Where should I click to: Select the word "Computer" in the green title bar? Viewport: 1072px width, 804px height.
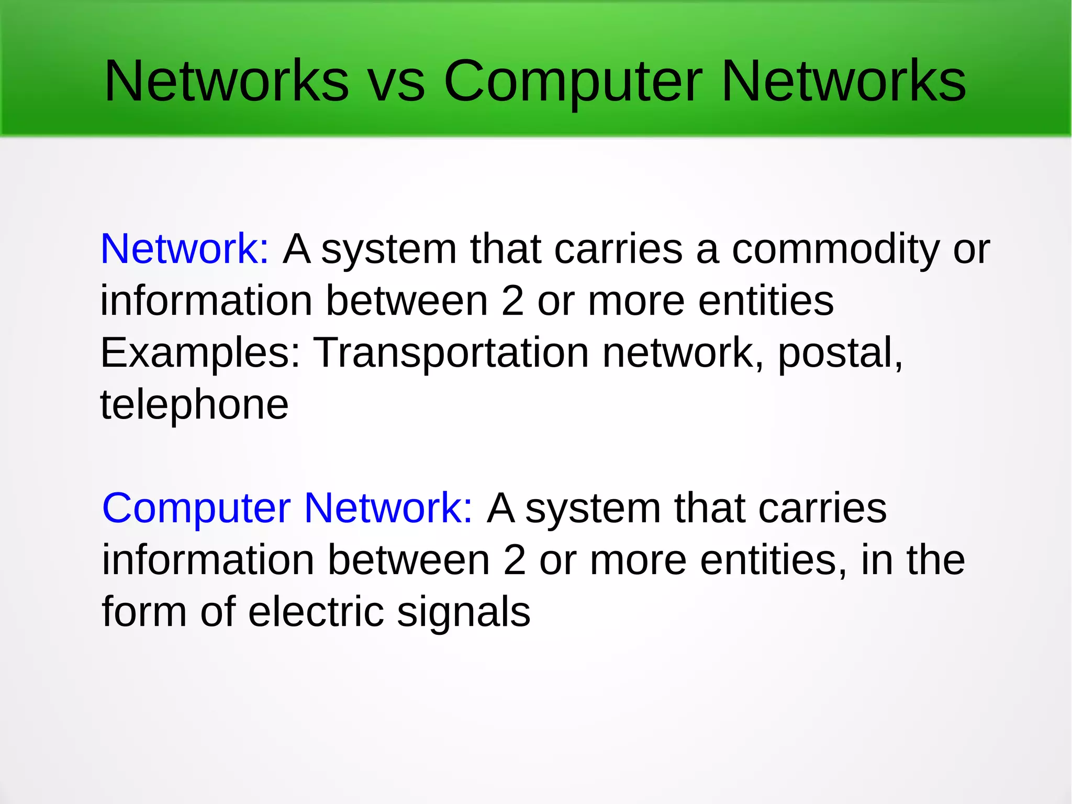click(x=573, y=82)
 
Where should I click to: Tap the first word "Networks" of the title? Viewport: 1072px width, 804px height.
click(x=227, y=82)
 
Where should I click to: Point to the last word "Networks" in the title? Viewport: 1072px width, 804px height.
click(x=843, y=82)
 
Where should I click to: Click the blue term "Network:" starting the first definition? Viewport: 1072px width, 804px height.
click(x=185, y=249)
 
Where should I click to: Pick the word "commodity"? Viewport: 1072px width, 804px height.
click(x=835, y=250)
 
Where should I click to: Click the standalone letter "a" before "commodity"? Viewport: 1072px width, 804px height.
click(x=707, y=250)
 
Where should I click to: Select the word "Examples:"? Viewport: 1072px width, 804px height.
click(x=200, y=353)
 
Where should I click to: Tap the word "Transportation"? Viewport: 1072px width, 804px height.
click(x=451, y=353)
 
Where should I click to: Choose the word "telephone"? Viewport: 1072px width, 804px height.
click(x=194, y=404)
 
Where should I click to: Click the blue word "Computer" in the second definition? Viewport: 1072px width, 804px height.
click(x=196, y=509)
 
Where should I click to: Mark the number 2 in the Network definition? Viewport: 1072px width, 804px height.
click(x=512, y=301)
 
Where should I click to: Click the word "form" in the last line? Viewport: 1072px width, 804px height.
click(x=144, y=612)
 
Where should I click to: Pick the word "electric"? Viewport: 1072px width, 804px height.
click(x=316, y=612)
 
